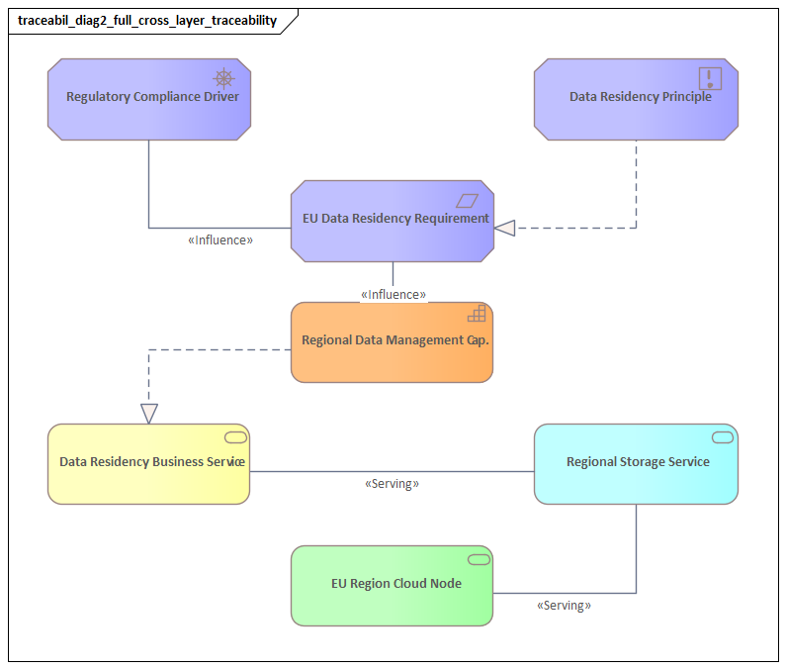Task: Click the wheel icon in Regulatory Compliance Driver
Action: (x=224, y=78)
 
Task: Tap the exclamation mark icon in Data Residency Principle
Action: (x=710, y=78)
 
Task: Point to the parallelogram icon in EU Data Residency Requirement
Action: (x=468, y=200)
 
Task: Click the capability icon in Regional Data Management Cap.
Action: (x=477, y=314)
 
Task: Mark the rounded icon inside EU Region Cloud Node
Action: (x=479, y=560)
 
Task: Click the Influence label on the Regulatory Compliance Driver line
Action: (x=220, y=239)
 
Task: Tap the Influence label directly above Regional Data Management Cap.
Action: (x=393, y=294)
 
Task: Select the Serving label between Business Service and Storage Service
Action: (x=392, y=484)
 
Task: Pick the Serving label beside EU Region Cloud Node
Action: (x=564, y=605)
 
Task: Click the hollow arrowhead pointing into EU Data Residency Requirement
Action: (x=505, y=229)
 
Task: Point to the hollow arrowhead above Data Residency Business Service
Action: (x=149, y=414)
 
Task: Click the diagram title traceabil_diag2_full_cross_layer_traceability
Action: (x=147, y=21)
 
